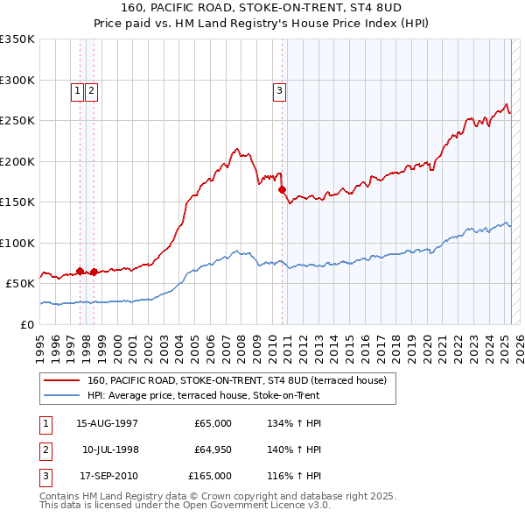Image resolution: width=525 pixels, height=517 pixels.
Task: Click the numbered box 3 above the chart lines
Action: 279,89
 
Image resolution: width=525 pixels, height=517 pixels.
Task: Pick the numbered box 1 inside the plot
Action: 77,89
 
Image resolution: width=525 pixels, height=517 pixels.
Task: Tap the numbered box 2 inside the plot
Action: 91,89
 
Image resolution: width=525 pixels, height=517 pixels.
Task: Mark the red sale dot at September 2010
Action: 283,189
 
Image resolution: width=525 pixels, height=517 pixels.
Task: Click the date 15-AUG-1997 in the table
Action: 108,423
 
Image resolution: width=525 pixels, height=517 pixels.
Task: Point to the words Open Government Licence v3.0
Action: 263,506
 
